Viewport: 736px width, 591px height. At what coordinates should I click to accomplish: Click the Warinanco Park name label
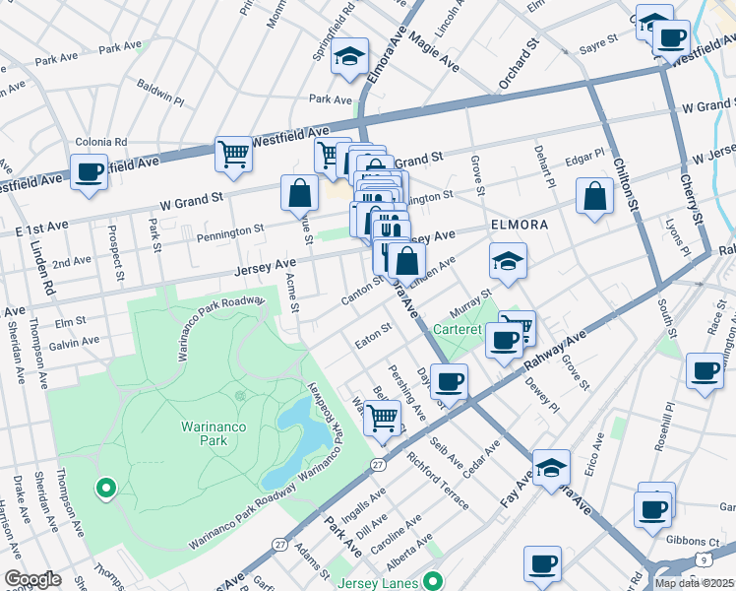click(205, 433)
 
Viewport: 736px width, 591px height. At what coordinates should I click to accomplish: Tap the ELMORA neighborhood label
click(521, 226)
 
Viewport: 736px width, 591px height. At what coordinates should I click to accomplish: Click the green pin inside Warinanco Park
click(105, 487)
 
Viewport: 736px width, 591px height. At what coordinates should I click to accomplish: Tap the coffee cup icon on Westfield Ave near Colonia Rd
click(89, 172)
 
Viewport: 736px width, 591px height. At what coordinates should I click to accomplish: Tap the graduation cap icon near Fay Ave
click(551, 466)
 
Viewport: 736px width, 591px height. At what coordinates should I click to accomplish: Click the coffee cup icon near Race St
click(705, 371)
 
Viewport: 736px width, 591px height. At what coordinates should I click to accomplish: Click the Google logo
click(31, 579)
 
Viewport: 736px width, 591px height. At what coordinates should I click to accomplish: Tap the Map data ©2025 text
click(695, 582)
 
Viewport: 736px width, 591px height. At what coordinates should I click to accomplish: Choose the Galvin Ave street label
click(76, 342)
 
